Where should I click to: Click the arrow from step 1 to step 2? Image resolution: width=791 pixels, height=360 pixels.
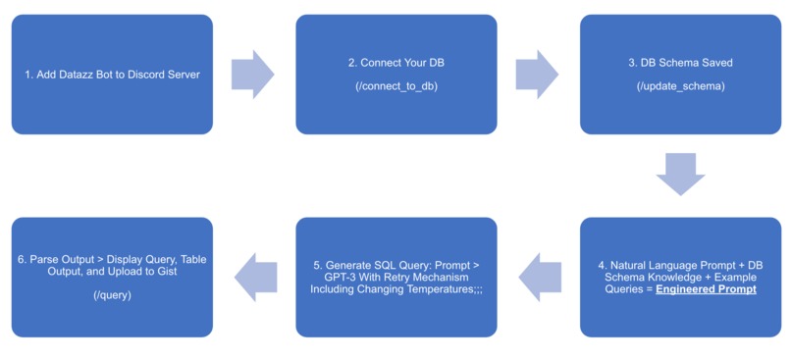point(252,75)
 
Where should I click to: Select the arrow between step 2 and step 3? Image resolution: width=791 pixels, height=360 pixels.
point(537,75)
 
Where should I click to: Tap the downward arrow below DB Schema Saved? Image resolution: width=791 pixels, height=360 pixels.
point(680,174)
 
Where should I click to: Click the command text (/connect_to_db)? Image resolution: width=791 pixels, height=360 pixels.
point(396,87)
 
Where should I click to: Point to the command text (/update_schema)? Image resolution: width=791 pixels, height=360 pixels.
point(680,87)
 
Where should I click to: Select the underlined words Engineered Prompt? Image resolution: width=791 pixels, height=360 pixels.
point(706,289)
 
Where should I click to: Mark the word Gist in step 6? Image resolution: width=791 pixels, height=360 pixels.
point(167,272)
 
